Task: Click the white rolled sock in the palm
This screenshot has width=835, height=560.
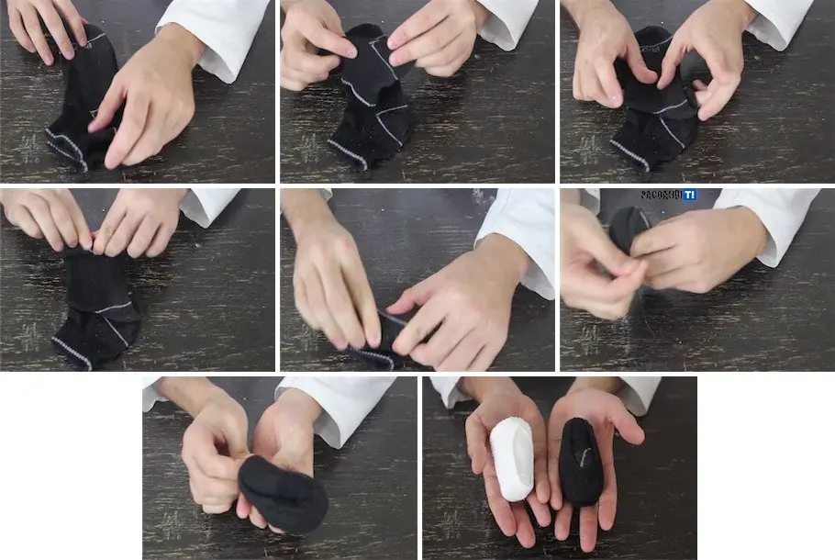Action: coord(510,458)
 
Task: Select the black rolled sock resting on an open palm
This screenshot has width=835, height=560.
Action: coord(580,462)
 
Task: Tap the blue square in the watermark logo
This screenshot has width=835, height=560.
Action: coord(689,196)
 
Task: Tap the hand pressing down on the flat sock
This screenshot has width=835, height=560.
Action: coord(147,110)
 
